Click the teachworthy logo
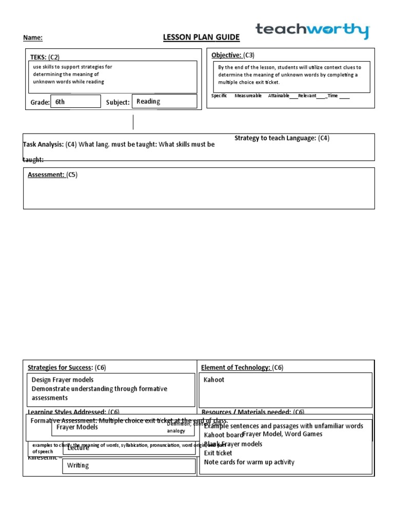point(312,30)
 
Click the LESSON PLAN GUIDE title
point(201,37)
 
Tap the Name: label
point(33,37)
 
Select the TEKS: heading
point(39,58)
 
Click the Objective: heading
point(226,55)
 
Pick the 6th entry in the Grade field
point(60,102)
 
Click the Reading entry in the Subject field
point(148,101)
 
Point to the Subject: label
point(117,102)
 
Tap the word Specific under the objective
point(219,96)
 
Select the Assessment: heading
point(46,175)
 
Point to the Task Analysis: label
point(43,144)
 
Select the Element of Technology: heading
point(236,367)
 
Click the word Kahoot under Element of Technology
point(214,380)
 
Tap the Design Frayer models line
point(63,380)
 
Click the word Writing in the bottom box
point(78,465)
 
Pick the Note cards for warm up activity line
point(249,462)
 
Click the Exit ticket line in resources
point(218,453)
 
